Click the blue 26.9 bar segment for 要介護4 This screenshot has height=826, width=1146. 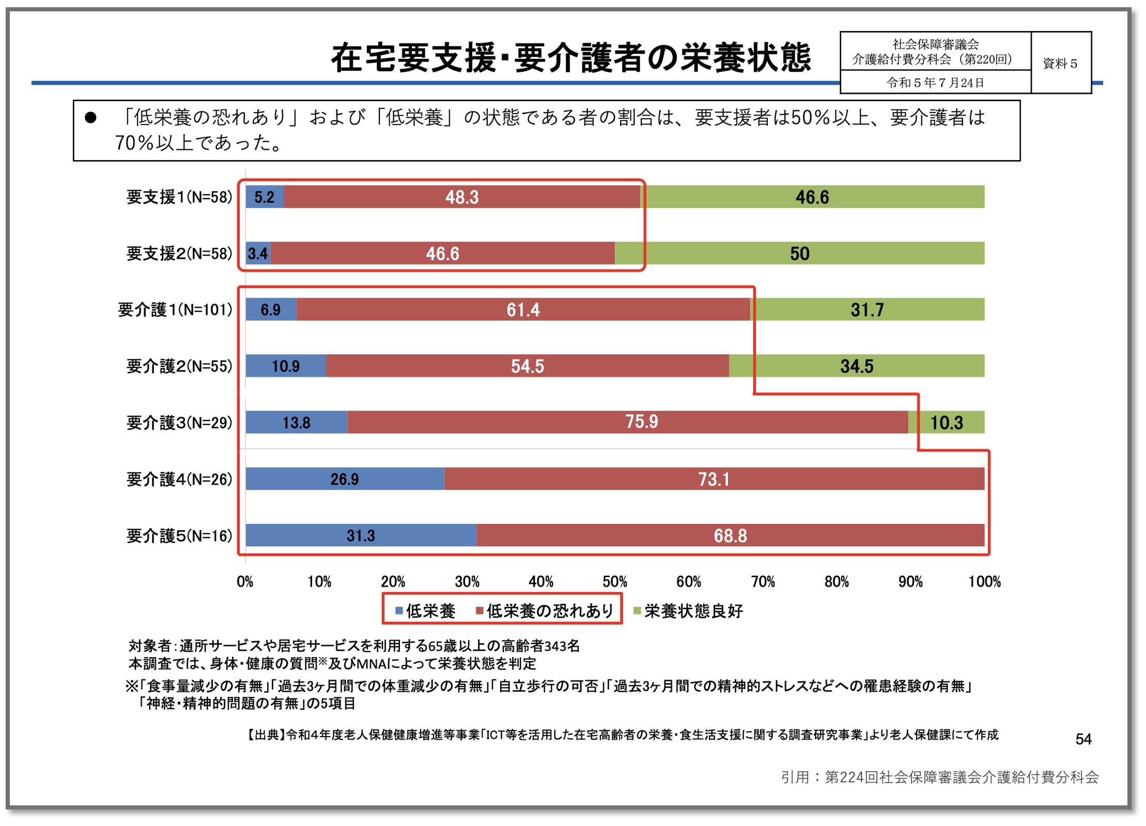point(345,479)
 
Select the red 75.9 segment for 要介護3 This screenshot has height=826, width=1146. point(627,422)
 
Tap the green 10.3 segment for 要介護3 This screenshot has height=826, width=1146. point(946,422)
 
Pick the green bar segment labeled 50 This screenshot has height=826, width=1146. point(799,253)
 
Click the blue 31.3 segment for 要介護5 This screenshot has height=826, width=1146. point(361,535)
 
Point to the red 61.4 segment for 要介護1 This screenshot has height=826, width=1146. point(523,310)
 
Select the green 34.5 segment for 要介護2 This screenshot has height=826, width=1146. point(856,366)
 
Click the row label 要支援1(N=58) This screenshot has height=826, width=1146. point(179,197)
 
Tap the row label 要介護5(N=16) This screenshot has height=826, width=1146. point(179,536)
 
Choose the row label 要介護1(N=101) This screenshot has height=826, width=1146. point(175,310)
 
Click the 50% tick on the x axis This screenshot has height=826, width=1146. point(614,582)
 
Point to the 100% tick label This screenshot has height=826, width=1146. point(984,582)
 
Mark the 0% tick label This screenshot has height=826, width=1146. point(245,582)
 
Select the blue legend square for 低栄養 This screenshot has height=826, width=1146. point(399,611)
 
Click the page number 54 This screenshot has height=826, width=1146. point(1083,739)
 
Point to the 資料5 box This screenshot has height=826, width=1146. point(1060,63)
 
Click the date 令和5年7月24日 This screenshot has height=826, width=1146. point(935,83)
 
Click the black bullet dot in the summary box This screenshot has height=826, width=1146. point(90,118)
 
